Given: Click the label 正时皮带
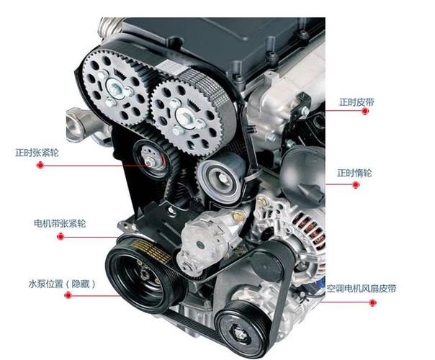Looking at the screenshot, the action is [356, 102].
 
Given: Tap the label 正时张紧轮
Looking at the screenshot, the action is [37, 153].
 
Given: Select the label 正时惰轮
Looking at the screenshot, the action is [354, 173].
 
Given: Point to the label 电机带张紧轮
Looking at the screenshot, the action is [60, 223].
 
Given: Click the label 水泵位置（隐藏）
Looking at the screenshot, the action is [62, 284].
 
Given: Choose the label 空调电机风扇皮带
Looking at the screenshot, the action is [362, 289].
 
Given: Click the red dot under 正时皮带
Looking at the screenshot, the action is [365, 111].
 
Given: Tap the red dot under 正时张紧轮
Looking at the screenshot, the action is [40, 166].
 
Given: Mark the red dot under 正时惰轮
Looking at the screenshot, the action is [356, 185].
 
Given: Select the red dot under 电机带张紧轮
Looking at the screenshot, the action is [60, 237].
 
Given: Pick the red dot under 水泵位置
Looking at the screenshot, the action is [68, 295].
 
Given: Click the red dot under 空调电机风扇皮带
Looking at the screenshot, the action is [372, 302].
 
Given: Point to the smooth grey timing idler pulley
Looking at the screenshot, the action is [221, 178].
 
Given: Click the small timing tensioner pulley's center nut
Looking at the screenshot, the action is [151, 161].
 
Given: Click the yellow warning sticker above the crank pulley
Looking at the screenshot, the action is [152, 251].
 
